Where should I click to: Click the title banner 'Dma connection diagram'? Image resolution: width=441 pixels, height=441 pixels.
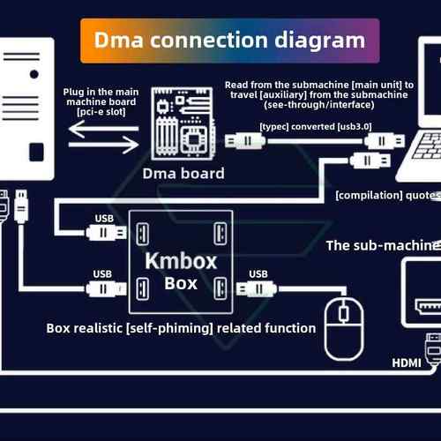point(229,40)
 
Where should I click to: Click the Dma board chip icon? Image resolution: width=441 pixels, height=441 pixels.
point(183,125)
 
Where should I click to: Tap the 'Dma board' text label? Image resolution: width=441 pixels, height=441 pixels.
point(183,173)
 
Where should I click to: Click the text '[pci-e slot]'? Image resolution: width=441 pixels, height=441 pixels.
point(100,111)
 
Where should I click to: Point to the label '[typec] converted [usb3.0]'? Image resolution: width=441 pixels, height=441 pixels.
point(315,126)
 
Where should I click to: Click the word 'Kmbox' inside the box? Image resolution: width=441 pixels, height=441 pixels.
point(180,262)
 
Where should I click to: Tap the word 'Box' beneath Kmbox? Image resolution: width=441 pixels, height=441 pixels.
point(180,284)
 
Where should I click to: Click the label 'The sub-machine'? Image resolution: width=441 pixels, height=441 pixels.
point(381,244)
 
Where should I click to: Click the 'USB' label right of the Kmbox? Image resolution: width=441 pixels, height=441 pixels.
point(258,273)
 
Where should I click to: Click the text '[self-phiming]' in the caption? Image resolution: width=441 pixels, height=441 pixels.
point(175,328)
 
